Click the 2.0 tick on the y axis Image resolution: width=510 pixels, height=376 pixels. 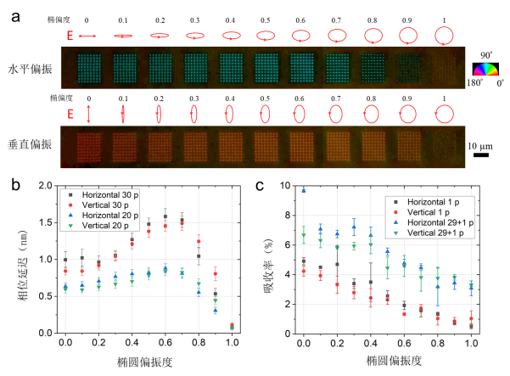tap(46, 186)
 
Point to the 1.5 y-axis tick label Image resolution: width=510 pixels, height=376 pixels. tap(46, 222)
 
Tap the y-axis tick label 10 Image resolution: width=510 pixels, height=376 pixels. tap(287, 186)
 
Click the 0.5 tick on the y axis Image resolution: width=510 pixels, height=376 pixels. tap(46, 296)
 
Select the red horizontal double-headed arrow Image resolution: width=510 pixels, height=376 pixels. tap(88, 36)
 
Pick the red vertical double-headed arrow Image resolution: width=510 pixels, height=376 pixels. tap(88, 113)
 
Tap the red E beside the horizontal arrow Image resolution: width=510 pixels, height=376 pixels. tap(70, 36)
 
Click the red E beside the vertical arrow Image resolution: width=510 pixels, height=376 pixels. tap(70, 113)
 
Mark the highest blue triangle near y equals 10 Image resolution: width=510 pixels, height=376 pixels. tap(303, 190)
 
